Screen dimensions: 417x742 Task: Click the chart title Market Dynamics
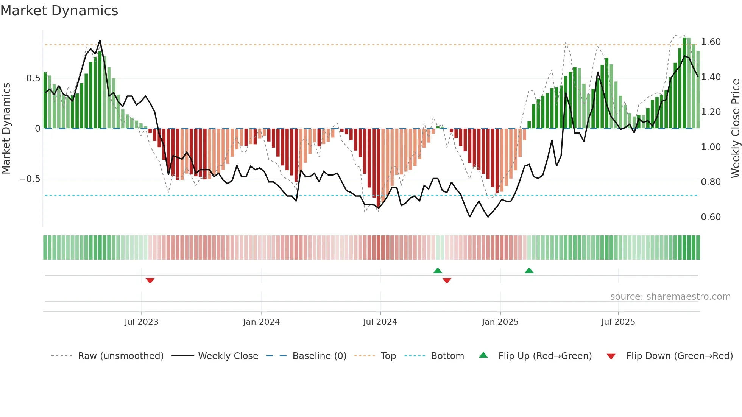[x=59, y=11]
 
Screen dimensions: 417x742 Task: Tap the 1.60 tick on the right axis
[x=711, y=42]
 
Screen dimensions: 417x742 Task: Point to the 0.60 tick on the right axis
[x=711, y=217]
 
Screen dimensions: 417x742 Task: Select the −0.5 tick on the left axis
[x=30, y=179]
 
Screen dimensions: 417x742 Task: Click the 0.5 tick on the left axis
[x=33, y=78]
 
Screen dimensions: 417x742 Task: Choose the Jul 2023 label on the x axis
[x=141, y=322]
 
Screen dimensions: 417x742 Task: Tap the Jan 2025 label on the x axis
[x=500, y=322]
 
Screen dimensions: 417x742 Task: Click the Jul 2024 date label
[x=380, y=322]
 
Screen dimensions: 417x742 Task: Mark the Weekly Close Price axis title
[x=735, y=128]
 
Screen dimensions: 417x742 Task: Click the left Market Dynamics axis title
[x=6, y=128]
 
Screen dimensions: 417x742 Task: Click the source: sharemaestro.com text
[x=670, y=297]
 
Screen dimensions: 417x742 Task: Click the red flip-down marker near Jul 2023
[x=150, y=280]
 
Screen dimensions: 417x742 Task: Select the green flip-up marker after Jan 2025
[x=529, y=271]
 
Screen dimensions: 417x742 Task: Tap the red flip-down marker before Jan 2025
[x=447, y=280]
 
